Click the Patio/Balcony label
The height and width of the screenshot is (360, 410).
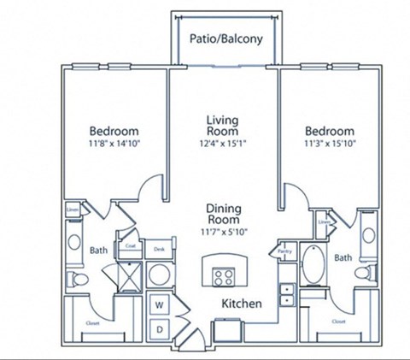pyautogui.click(x=225, y=38)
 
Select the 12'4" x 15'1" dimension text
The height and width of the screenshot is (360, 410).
pyautogui.click(x=221, y=145)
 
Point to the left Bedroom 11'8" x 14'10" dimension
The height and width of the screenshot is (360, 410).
pyautogui.click(x=114, y=145)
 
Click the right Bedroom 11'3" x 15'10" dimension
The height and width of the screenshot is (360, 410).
pyautogui.click(x=330, y=145)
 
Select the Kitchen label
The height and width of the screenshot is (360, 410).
pyautogui.click(x=242, y=304)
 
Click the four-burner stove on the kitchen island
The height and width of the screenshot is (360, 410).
pyautogui.click(x=224, y=276)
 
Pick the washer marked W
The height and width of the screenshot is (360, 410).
pyautogui.click(x=159, y=304)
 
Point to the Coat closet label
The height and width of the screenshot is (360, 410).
pyautogui.click(x=131, y=246)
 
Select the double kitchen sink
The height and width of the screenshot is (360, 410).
pyautogui.click(x=286, y=295)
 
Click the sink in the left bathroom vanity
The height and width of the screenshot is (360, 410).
pyautogui.click(x=74, y=231)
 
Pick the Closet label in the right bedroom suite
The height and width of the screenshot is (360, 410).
pyautogui.click(x=338, y=322)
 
